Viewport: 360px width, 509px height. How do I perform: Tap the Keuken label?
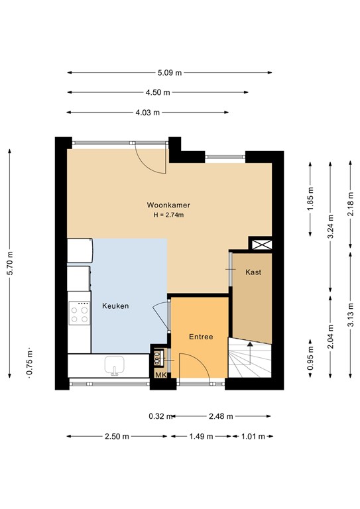[x=115, y=306]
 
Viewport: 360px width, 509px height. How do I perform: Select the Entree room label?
[x=201, y=337]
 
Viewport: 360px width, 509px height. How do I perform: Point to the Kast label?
[x=253, y=272]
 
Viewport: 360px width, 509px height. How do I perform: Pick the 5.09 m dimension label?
[x=169, y=73]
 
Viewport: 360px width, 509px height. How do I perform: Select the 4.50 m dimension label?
[x=158, y=93]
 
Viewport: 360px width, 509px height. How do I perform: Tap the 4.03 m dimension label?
[x=147, y=113]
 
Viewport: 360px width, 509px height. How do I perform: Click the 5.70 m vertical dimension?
[x=9, y=264]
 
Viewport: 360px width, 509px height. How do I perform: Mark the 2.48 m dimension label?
[x=221, y=416]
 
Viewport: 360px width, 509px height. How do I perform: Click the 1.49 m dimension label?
[x=201, y=436]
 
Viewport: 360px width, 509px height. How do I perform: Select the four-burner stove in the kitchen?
[x=80, y=313]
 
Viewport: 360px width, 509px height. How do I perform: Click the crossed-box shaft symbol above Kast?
[x=259, y=244]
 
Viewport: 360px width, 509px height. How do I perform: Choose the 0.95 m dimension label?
[x=310, y=359]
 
